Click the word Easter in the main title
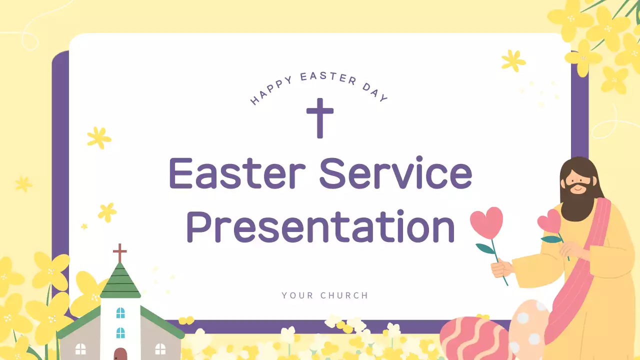click(237, 173)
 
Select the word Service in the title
click(395, 173)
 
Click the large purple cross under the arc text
click(319, 118)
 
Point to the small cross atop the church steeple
click(119, 252)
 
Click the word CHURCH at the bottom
click(344, 295)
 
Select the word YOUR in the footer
click(297, 295)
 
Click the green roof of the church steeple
click(120, 281)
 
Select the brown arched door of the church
click(120, 354)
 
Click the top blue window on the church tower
click(120, 313)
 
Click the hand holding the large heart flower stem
click(501, 269)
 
